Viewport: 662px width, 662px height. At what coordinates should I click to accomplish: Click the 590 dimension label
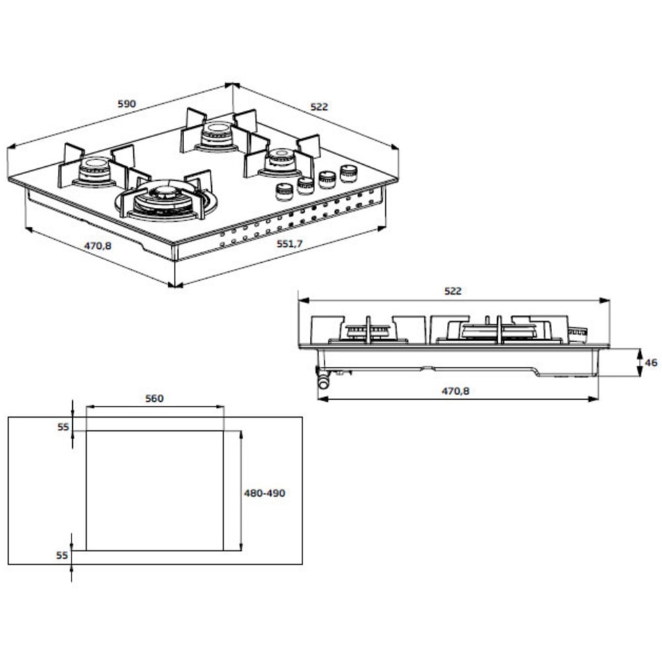[126, 104]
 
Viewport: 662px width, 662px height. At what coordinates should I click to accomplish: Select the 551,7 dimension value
[289, 244]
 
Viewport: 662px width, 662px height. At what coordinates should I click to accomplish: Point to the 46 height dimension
[651, 363]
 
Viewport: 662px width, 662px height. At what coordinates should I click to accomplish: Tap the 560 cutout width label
[154, 399]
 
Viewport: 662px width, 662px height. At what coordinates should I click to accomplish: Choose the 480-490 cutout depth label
[264, 493]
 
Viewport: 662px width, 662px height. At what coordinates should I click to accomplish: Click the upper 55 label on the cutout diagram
[63, 427]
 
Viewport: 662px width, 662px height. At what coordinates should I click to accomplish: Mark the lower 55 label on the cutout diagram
[63, 555]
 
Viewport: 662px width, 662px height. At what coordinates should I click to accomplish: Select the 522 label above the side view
[453, 291]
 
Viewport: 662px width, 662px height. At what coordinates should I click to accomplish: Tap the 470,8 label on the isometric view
[97, 246]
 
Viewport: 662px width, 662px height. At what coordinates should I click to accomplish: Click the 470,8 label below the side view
[455, 391]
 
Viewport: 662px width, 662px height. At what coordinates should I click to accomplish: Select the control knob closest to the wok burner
[284, 191]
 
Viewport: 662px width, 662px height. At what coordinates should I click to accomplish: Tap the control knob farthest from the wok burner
[348, 173]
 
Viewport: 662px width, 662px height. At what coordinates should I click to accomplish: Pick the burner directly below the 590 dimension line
[216, 135]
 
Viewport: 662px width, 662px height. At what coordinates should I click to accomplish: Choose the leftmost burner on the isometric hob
[94, 170]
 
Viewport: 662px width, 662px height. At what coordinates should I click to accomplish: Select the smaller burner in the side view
[368, 332]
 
